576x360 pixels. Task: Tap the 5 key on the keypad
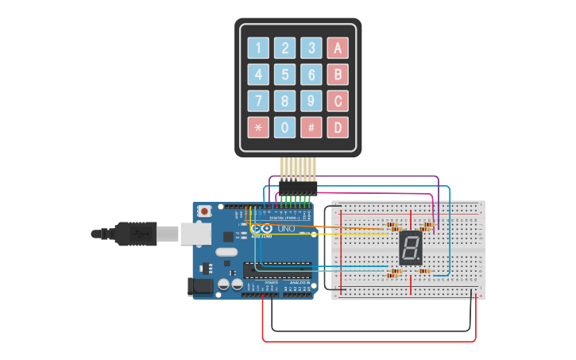284,75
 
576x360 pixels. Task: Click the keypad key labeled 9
311,101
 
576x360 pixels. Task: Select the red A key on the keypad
338,48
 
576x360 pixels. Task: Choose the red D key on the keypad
338,127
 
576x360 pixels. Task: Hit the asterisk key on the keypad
258,127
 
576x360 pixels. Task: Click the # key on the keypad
311,127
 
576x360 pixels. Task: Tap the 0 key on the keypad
284,127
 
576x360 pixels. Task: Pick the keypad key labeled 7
258,101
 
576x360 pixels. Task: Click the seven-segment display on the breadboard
410,249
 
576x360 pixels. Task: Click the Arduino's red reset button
205,211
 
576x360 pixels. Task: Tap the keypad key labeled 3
311,48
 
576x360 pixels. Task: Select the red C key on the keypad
338,101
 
